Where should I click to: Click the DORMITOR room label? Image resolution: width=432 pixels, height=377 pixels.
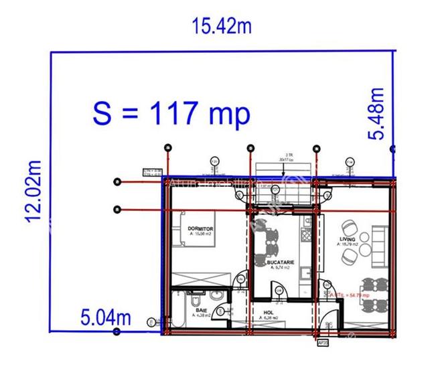click(201, 230)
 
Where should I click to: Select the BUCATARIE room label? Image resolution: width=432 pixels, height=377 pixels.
click(276, 263)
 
